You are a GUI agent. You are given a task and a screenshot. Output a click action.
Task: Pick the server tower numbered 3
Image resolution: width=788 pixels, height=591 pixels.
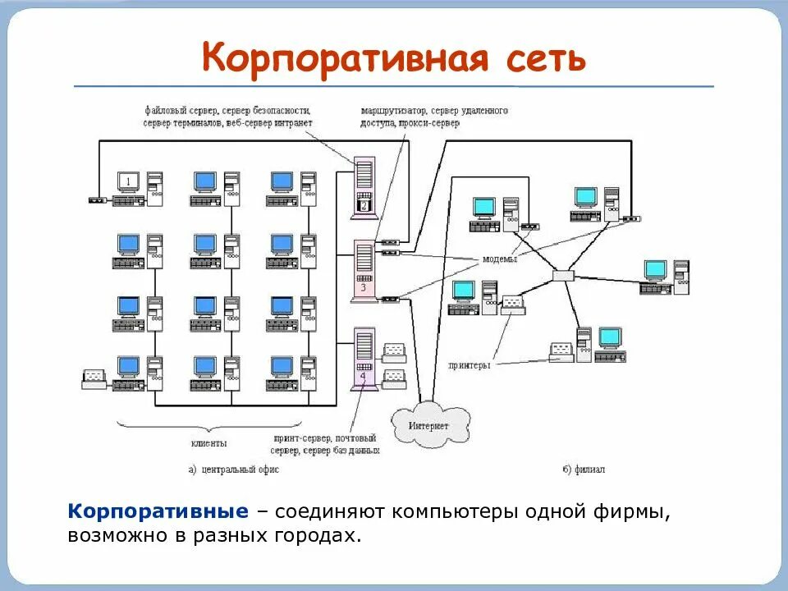363,271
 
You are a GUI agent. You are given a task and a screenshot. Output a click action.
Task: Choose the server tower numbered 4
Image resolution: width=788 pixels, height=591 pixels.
363,357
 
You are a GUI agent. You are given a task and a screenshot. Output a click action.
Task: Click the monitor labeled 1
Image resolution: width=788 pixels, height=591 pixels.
129,181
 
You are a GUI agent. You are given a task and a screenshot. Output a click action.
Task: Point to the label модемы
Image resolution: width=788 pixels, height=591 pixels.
499,259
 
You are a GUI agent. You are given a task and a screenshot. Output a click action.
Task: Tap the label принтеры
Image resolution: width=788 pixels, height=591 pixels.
469,365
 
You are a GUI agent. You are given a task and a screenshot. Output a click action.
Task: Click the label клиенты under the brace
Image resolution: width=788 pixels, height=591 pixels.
210,443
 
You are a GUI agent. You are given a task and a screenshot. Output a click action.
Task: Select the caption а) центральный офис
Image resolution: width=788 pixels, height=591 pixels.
233,470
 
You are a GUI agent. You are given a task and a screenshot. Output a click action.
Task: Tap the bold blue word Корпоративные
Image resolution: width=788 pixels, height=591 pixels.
158,512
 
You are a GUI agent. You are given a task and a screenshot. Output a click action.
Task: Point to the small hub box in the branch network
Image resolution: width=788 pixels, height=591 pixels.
564,276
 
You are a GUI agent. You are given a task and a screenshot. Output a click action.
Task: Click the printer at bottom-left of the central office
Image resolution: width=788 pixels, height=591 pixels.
94,378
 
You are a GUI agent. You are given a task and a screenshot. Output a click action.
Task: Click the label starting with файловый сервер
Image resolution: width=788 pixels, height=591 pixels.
227,116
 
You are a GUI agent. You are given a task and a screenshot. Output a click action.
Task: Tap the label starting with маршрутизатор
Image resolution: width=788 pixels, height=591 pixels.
434,116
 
